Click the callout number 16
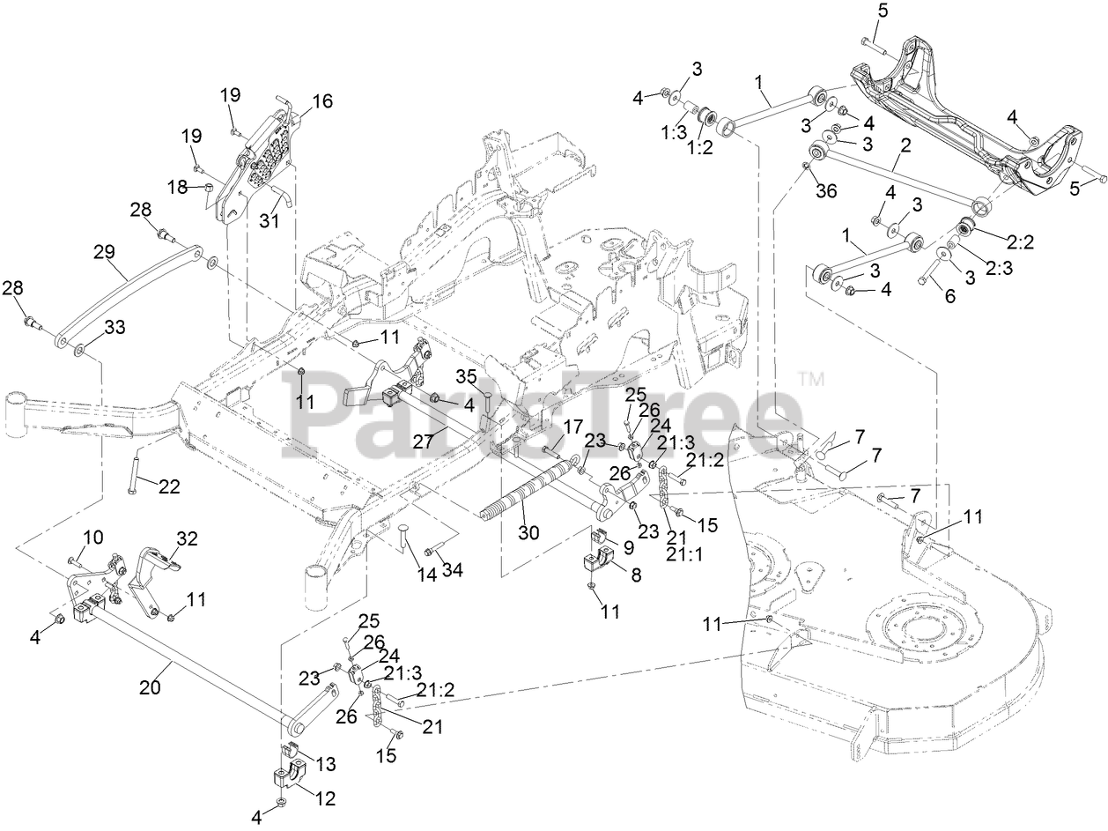(321, 101)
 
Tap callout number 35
(466, 377)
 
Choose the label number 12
(324, 799)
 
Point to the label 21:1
(684, 554)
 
